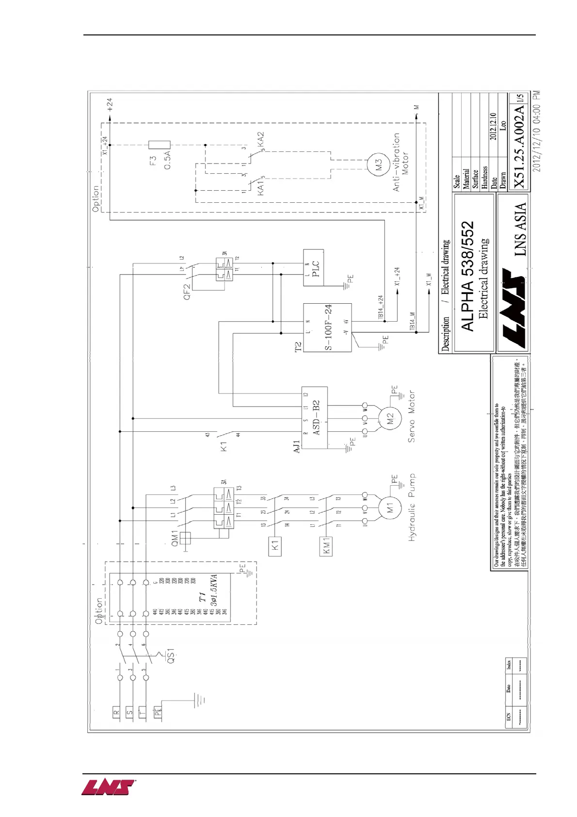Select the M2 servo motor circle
390,419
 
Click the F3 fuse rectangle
160,145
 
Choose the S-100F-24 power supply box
327,327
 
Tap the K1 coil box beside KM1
275,545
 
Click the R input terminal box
116,713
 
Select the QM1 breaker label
175,538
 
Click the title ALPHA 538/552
467,277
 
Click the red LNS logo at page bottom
108,787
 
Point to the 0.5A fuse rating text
168,160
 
